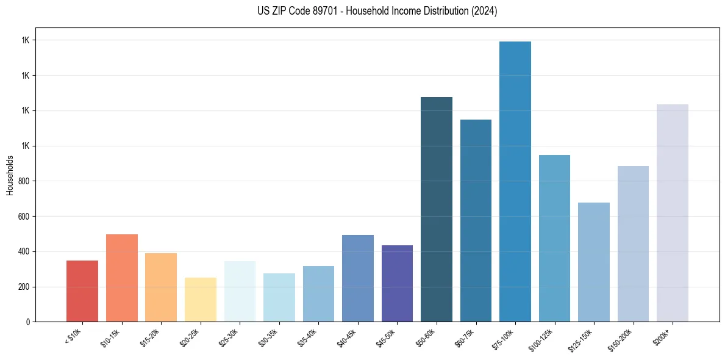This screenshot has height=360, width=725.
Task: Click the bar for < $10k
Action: coord(82,291)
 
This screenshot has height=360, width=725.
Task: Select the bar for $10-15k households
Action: coord(122,278)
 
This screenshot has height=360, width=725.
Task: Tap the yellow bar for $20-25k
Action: coord(201,300)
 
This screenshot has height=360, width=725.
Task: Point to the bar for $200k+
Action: coord(673,213)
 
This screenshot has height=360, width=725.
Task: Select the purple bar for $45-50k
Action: coord(397,283)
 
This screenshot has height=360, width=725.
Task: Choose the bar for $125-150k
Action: coord(594,262)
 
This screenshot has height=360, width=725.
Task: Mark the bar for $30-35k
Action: coord(279,297)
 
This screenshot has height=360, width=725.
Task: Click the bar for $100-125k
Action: coord(554,238)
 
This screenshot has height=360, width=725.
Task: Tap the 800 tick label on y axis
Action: coord(25,181)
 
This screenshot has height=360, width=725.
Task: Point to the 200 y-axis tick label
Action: coord(25,287)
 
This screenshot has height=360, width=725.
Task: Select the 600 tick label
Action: coord(25,217)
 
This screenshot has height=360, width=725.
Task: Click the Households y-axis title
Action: coord(10,175)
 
